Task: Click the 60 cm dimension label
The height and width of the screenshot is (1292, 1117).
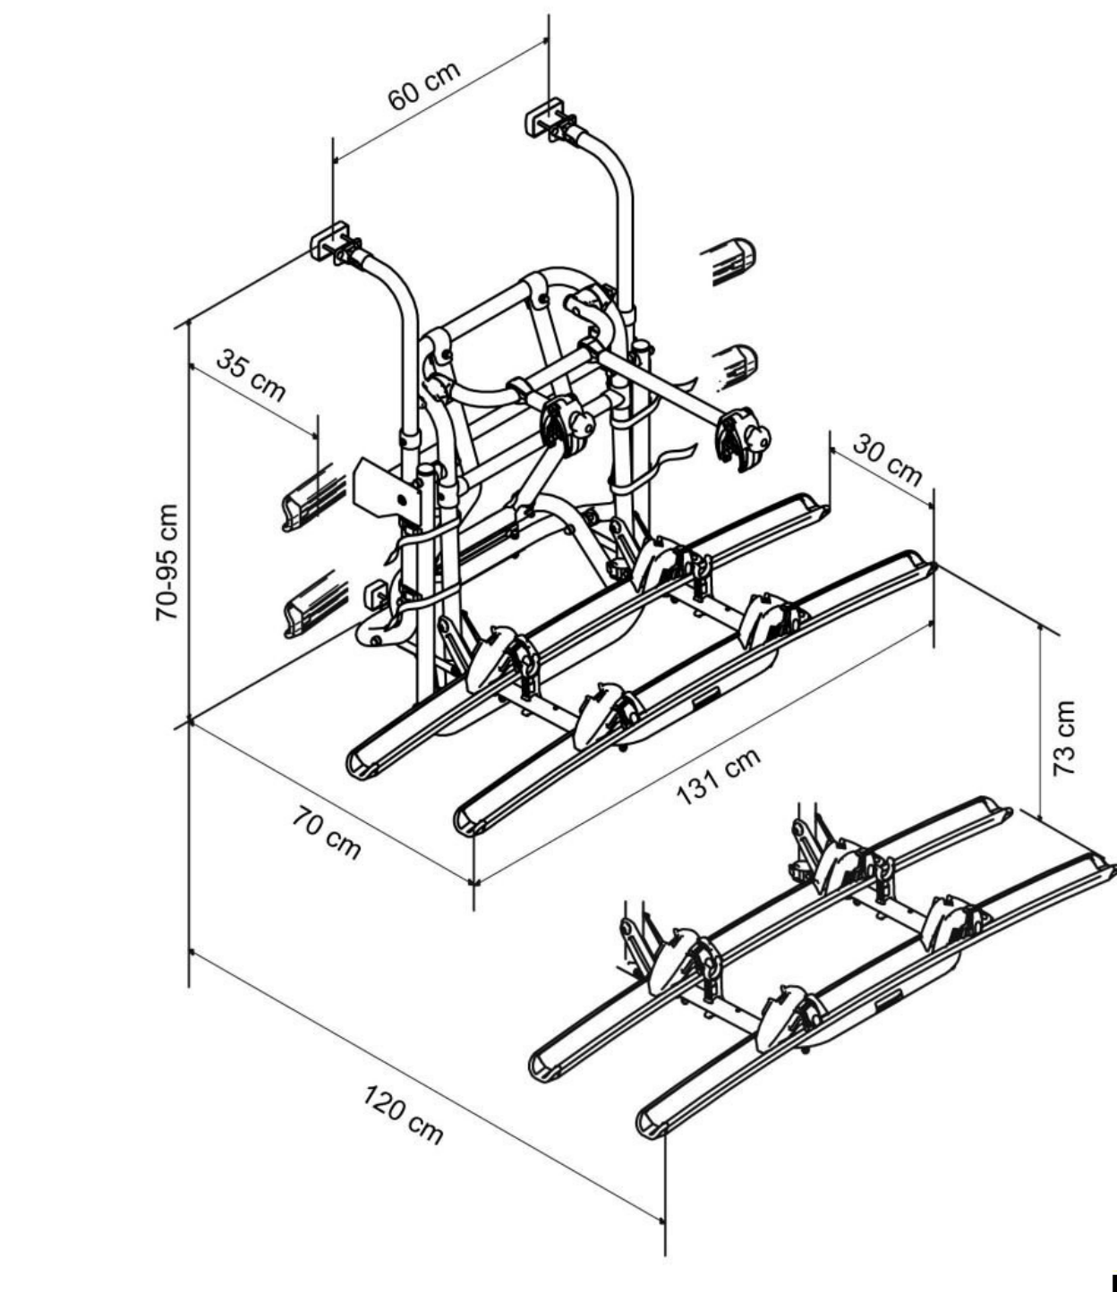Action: point(424,86)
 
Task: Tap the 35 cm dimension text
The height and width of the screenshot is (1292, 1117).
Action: point(251,375)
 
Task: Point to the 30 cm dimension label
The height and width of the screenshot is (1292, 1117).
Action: point(885,460)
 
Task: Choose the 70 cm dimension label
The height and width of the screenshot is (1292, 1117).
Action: point(326,833)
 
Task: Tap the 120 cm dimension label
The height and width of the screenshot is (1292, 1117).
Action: point(403,1114)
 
